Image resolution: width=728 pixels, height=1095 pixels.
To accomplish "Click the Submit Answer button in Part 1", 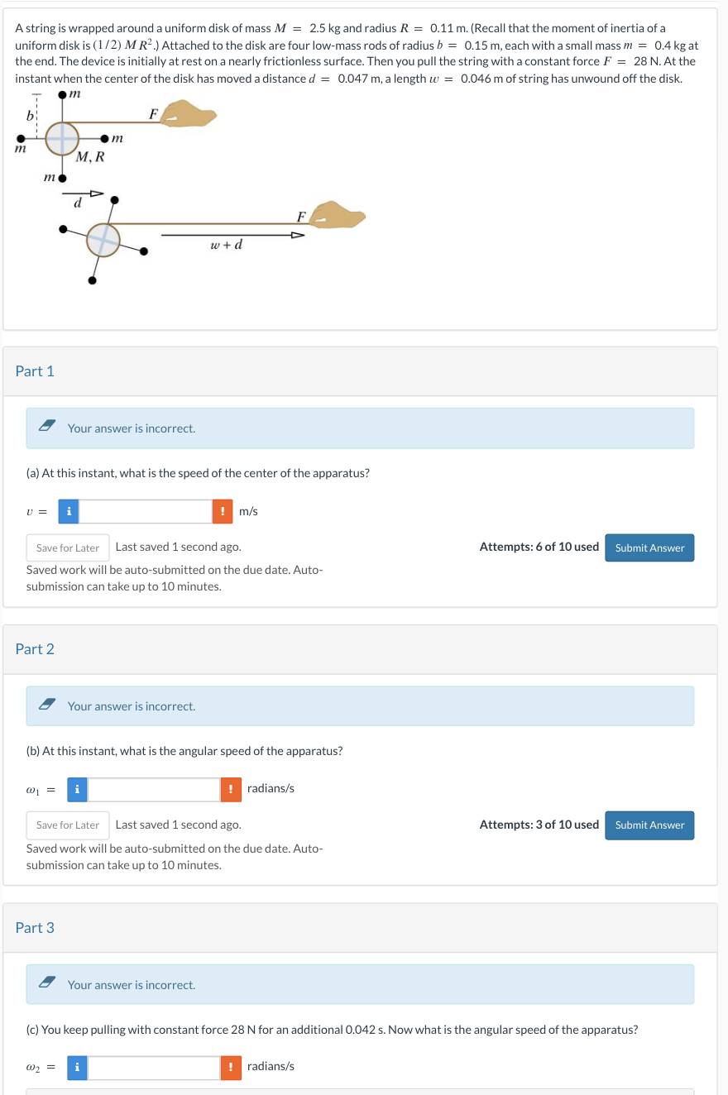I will point(649,547).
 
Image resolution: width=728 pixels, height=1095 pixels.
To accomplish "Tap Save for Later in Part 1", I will point(68,547).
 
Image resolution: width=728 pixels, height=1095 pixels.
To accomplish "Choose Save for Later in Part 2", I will point(68,825).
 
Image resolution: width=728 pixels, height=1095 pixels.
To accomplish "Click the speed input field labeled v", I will point(146,511).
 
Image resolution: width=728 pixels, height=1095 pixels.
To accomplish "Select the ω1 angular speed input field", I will point(154,789).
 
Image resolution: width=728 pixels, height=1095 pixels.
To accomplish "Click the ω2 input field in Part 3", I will point(154,1067).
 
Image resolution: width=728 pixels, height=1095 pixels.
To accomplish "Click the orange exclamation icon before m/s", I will point(222,511).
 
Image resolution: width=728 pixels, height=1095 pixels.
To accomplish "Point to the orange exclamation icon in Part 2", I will point(231,789).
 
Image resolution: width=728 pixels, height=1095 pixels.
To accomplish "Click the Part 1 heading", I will point(35,371).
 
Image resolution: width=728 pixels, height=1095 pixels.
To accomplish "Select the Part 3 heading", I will point(35,928).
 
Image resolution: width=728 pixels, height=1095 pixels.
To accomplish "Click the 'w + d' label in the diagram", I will point(227,246).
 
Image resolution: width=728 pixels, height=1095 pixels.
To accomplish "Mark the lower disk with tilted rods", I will point(103,239).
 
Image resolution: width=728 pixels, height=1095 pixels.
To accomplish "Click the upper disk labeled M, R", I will point(62,138).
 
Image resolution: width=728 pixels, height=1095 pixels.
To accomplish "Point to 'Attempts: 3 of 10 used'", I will point(539,825).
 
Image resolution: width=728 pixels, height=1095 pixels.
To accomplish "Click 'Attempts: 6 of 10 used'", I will point(539,547).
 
